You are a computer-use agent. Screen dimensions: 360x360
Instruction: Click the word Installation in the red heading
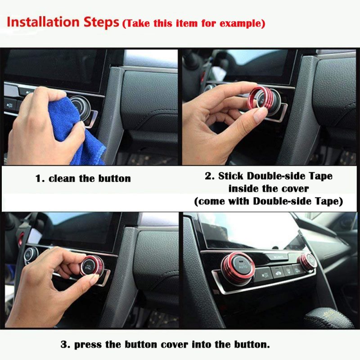(x=43, y=22)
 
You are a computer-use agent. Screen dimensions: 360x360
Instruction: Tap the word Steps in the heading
(x=101, y=22)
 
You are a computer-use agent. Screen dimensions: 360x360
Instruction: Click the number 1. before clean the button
(x=40, y=179)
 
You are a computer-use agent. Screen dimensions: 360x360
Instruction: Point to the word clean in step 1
(x=62, y=178)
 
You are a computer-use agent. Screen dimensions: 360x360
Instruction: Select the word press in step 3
(x=88, y=345)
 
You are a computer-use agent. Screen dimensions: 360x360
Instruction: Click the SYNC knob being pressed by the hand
(x=91, y=266)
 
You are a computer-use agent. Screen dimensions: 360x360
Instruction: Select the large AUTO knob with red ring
(x=238, y=268)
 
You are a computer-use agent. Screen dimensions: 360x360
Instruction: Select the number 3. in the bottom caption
(x=65, y=345)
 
